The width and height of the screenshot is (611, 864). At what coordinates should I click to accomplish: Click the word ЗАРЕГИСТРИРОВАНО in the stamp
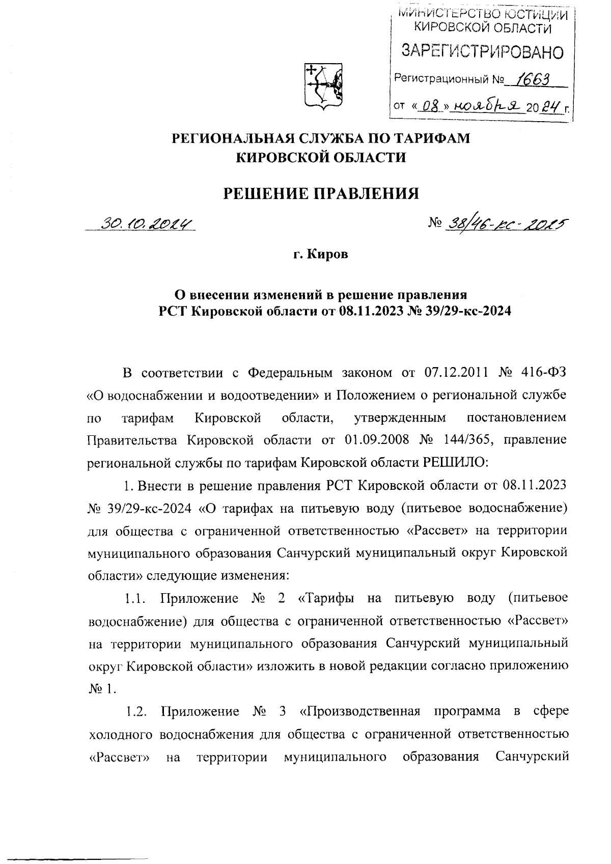[x=483, y=51]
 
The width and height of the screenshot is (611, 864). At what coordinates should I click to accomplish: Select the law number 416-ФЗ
[x=543, y=373]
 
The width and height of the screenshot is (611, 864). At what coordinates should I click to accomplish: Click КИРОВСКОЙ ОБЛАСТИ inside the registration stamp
[x=482, y=29]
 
